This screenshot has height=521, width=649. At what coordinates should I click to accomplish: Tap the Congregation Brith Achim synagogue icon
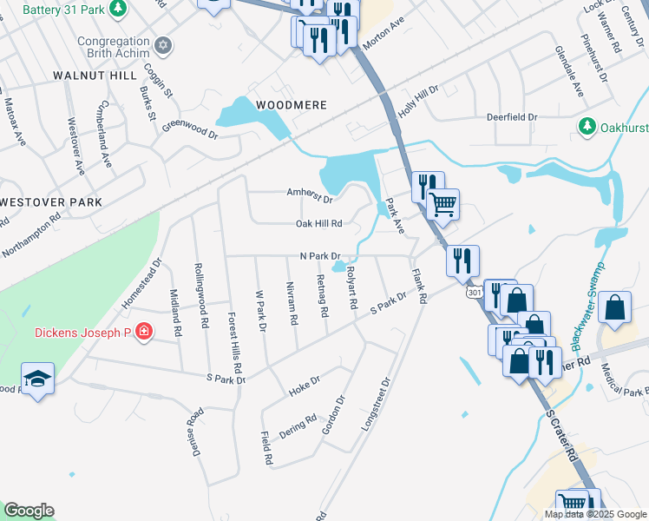click(161, 43)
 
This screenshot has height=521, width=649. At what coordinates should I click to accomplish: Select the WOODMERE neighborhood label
click(291, 105)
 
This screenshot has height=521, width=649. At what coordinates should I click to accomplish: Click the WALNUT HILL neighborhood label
click(88, 76)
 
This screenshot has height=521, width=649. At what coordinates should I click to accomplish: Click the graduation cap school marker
click(38, 378)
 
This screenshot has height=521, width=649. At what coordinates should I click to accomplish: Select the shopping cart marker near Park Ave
click(443, 206)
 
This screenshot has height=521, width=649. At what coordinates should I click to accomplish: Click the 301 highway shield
click(474, 293)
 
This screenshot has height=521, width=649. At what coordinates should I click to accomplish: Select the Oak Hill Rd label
click(319, 223)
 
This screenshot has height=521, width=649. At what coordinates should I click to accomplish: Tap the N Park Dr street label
click(318, 256)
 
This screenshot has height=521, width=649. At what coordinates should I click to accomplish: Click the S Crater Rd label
click(564, 439)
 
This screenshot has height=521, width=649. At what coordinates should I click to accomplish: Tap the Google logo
click(29, 511)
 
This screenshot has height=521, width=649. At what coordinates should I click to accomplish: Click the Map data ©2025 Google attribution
click(594, 514)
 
